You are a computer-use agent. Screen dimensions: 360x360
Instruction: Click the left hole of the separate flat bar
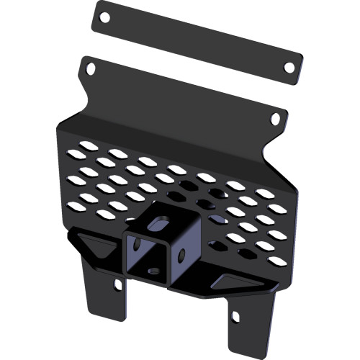click(104, 16)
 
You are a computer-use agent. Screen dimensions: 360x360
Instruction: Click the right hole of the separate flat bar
click(289, 67)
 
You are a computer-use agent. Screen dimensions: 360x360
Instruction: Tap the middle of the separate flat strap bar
click(197, 41)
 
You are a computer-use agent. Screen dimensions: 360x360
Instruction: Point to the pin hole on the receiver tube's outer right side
click(184, 253)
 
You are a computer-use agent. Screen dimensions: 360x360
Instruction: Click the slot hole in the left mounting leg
click(118, 284)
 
